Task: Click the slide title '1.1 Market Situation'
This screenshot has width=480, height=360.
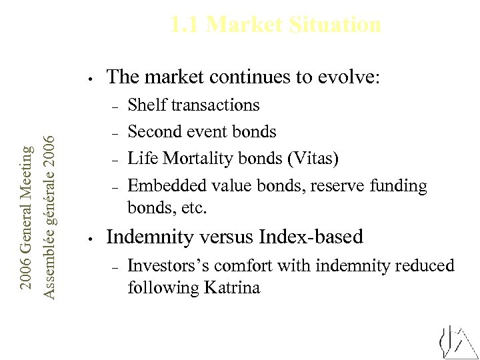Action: click(x=275, y=25)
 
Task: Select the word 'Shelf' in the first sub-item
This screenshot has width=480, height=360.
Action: click(x=147, y=105)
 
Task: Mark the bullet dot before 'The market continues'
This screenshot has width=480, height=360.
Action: click(x=90, y=77)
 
